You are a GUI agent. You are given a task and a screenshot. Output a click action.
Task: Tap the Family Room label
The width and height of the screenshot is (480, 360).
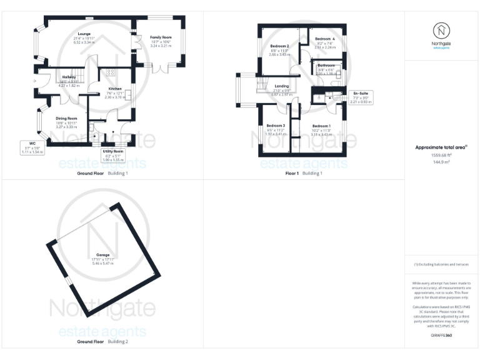[x=161, y=37]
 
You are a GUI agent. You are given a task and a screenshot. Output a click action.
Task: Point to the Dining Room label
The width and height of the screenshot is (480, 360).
[x=67, y=118]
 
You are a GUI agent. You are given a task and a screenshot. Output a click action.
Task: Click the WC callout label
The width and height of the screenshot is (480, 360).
[x=32, y=143]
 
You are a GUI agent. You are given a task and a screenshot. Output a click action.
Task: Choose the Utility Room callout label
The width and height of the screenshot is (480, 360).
[x=113, y=151]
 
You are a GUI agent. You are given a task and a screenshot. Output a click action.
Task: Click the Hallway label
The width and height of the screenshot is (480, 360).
[x=68, y=77]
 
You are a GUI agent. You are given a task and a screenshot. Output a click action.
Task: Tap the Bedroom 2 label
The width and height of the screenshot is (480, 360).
[x=279, y=46]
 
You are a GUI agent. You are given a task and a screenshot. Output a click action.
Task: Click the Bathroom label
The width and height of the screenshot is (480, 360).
[x=326, y=65]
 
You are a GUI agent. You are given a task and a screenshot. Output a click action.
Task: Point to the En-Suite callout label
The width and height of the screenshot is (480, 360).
[x=361, y=93]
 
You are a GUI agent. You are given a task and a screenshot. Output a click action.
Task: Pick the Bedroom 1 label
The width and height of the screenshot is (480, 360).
[x=321, y=126]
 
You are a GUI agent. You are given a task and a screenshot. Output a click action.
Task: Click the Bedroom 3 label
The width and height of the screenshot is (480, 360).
[x=276, y=126]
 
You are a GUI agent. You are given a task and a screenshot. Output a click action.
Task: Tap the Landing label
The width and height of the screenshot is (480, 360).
[x=282, y=86]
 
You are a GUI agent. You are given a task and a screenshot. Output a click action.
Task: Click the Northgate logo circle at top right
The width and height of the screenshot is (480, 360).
[x=442, y=31]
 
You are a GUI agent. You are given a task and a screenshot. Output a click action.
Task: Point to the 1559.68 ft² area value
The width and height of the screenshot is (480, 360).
[x=441, y=157]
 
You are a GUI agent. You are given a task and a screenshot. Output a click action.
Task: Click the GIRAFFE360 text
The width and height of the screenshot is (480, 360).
[x=441, y=336]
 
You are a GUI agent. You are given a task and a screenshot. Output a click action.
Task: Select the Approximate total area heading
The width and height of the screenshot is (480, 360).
[x=441, y=147]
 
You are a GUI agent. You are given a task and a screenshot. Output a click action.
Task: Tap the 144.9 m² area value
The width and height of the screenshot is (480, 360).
[x=441, y=163]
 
